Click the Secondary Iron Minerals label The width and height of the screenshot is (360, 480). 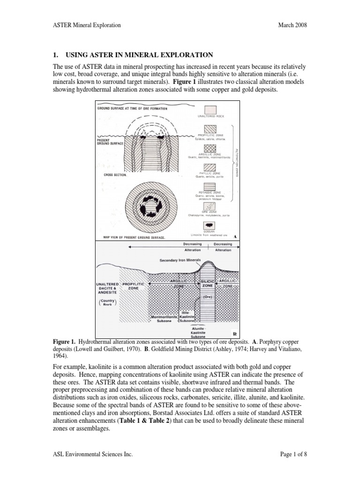(180, 260)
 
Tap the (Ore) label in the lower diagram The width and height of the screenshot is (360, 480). (208, 297)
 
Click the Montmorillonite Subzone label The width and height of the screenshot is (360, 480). (164, 319)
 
